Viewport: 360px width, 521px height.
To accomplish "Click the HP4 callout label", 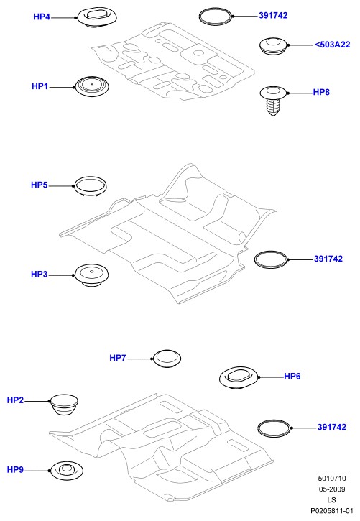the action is click(x=42, y=17).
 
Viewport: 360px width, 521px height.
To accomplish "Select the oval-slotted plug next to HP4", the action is click(x=98, y=17).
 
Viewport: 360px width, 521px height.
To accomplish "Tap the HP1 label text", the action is click(x=40, y=86).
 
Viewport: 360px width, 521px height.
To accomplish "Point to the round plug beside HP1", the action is click(x=92, y=87).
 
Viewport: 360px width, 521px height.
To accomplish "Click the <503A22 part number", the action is click(x=333, y=45).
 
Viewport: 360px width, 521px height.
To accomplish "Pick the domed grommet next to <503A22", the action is click(x=273, y=46).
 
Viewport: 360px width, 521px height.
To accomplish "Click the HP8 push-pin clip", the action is click(x=273, y=101).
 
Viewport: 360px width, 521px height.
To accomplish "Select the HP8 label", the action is click(x=321, y=92).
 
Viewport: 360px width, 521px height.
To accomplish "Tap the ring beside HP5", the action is click(x=91, y=186).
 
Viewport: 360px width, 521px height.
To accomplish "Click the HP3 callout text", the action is click(x=40, y=275).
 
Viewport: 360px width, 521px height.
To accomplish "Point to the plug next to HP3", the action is click(x=92, y=275).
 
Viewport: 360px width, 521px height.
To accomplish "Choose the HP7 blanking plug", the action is click(x=167, y=358).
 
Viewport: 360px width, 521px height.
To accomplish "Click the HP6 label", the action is click(x=292, y=376).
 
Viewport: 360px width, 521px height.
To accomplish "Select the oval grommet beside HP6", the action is click(x=239, y=378).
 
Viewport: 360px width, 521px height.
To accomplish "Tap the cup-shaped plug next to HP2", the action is click(x=65, y=405).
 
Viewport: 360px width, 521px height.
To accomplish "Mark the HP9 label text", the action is click(x=15, y=470).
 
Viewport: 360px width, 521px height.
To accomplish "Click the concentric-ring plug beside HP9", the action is click(x=67, y=471).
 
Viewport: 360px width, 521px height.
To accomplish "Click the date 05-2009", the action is click(x=332, y=489).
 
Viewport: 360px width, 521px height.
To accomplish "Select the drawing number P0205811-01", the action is click(x=332, y=511).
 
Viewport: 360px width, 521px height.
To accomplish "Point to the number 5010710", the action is click(x=332, y=479).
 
